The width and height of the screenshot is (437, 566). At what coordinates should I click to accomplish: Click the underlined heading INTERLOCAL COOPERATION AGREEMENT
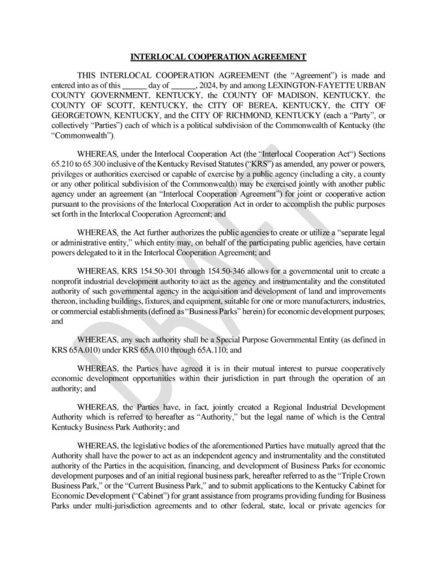(218, 56)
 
